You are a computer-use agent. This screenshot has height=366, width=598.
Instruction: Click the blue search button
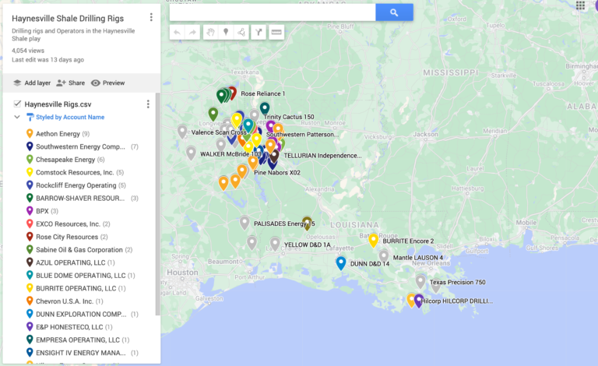coord(394,12)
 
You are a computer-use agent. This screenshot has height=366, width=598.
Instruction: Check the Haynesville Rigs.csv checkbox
coord(17,104)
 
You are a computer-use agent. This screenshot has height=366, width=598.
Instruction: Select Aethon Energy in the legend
coord(58,133)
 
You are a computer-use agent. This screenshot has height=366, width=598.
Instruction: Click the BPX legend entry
coord(43,211)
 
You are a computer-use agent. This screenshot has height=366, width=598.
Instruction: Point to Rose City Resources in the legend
coord(67,237)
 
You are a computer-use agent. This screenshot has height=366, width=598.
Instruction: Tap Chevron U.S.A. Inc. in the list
coord(69,301)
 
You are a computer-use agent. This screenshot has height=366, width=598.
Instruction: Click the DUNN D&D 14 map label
coord(370,264)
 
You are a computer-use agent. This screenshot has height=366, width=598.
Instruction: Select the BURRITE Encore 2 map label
coord(409,241)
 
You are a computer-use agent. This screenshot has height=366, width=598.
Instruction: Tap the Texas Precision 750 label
coord(457,282)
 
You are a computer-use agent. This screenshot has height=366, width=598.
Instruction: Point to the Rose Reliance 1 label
coord(262,93)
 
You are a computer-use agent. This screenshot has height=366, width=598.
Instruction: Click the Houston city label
coord(182,273)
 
